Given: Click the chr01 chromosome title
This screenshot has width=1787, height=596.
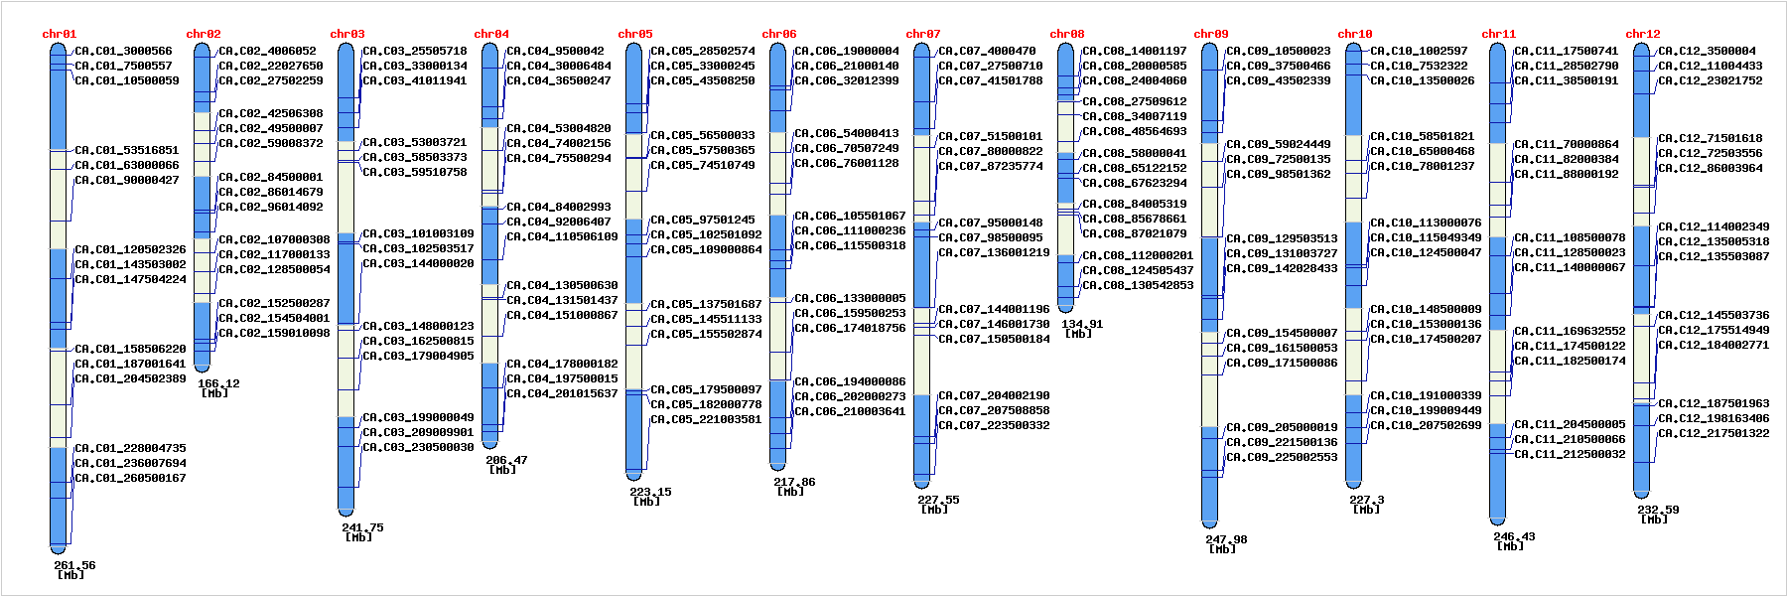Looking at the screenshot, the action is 60,34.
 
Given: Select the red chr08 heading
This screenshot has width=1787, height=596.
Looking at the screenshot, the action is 1067,34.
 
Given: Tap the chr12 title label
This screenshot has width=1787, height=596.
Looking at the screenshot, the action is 1643,34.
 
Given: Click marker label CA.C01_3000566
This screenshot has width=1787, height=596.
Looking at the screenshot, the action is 123,51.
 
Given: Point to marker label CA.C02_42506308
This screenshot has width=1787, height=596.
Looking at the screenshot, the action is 271,113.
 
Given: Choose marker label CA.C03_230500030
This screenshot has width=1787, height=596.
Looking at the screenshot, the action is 418,447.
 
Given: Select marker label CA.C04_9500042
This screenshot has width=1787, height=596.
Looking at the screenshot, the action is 555,51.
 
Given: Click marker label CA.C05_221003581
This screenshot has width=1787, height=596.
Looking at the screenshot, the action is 706,419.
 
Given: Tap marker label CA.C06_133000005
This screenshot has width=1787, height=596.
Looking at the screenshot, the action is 850,298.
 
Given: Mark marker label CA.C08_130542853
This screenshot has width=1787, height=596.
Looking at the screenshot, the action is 1138,285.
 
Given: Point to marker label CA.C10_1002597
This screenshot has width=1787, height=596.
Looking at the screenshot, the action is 1419,51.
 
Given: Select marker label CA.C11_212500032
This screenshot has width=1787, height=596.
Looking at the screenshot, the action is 1570,454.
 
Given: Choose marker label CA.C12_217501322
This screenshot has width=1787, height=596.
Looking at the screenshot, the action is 1714,433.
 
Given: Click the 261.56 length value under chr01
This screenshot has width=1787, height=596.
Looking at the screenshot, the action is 74,565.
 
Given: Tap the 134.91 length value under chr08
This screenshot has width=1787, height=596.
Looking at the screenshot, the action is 1082,324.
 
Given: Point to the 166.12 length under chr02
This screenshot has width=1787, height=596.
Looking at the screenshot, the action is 218,383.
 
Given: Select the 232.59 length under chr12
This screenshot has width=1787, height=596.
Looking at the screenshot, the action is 1658,510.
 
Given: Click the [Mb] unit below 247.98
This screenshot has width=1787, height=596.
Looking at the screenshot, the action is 1222,549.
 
